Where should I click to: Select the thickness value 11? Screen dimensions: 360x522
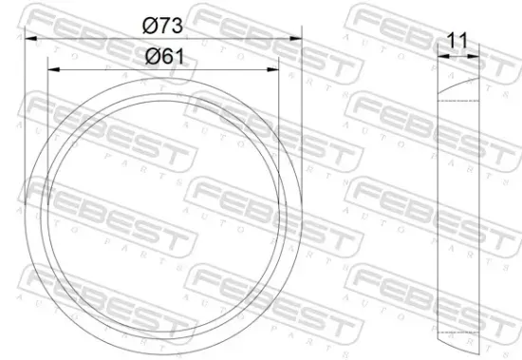(457, 41)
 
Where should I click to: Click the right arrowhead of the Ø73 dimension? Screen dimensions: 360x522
(298, 39)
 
